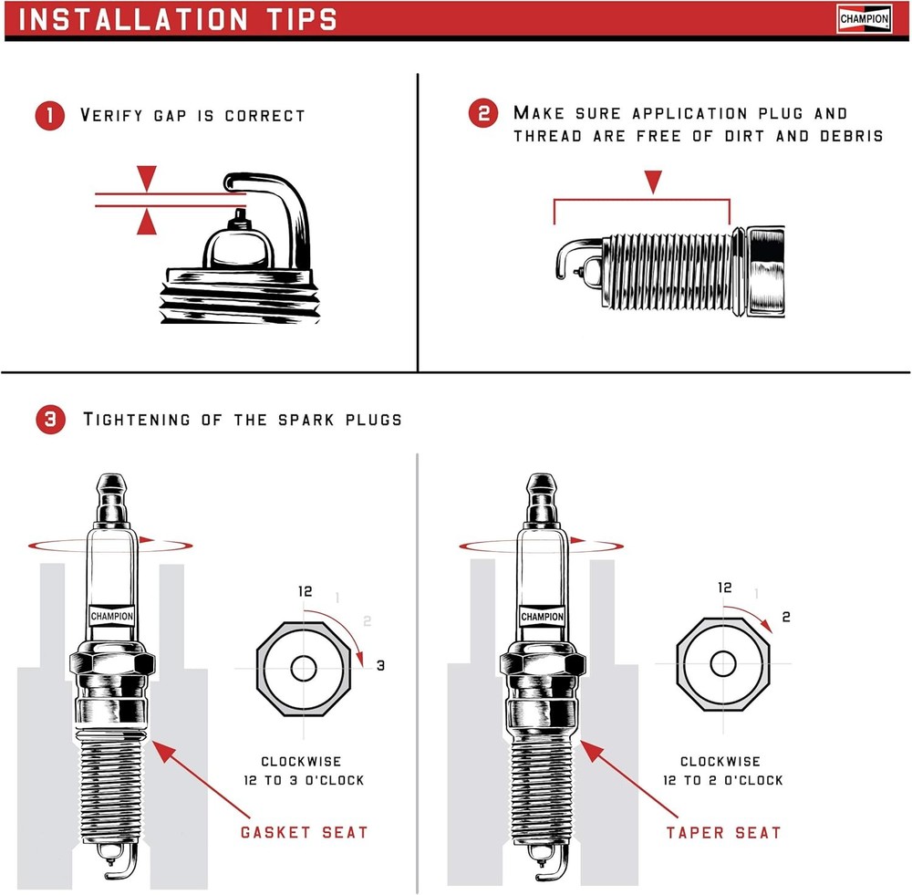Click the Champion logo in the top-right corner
[x=864, y=18]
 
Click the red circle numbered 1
[x=49, y=116]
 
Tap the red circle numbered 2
[x=483, y=114]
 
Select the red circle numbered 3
[x=49, y=420]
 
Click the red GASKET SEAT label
[x=305, y=832]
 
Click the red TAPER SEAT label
[x=723, y=832]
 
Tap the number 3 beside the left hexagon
[x=380, y=666]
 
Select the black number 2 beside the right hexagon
[x=786, y=617]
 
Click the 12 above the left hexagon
[x=306, y=591]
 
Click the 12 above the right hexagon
[x=725, y=588]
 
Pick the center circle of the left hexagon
[x=304, y=668]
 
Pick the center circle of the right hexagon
[x=723, y=663]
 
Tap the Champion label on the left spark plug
[x=112, y=616]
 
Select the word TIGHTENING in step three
[x=137, y=420]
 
